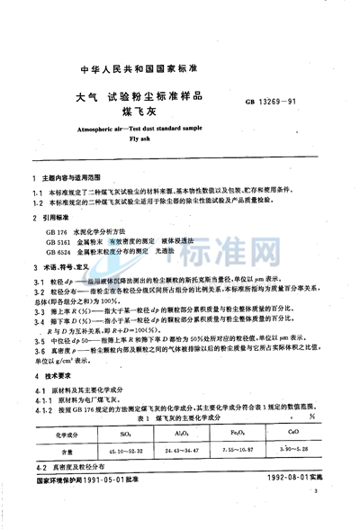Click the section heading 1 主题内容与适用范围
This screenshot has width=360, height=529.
[71, 181]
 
